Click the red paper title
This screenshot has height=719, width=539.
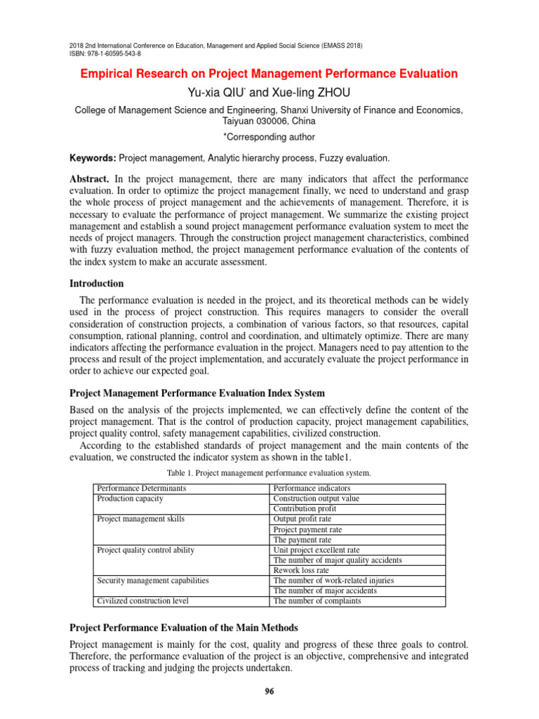(269, 74)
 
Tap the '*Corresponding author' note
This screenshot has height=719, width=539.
(269, 137)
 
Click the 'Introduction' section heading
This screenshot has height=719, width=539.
(96, 284)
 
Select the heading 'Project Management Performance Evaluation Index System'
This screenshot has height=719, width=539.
(197, 393)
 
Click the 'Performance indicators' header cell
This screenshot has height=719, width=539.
(312, 488)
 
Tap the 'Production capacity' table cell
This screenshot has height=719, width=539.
(130, 499)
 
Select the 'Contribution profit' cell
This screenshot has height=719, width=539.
(305, 508)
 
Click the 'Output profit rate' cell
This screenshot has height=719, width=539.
(303, 519)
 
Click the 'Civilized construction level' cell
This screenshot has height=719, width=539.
(142, 601)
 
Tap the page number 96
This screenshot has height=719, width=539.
(269, 692)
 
